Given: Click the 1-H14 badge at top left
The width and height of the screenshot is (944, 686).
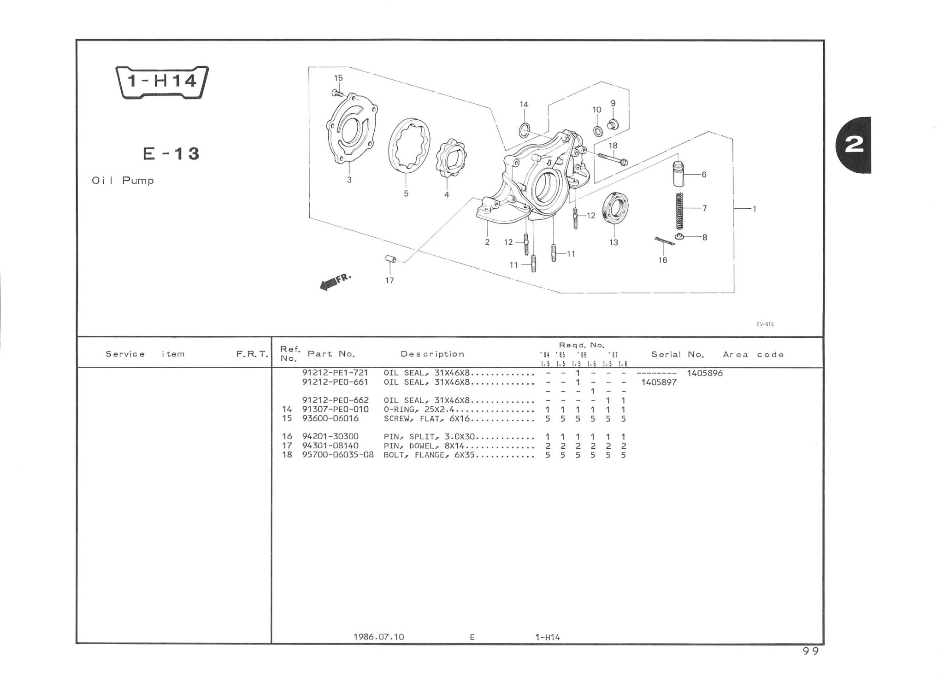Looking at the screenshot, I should [x=162, y=82].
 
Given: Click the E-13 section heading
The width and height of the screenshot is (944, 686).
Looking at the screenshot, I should [x=171, y=153].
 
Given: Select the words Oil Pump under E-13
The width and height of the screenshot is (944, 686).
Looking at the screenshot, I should [x=123, y=181].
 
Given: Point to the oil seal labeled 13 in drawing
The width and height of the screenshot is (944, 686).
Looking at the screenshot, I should [x=615, y=209].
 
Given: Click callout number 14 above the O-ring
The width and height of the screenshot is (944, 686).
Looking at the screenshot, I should [x=524, y=105].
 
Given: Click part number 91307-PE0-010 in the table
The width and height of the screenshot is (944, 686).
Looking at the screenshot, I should [x=335, y=410].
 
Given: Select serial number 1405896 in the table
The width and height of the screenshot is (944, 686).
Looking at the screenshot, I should [x=705, y=373].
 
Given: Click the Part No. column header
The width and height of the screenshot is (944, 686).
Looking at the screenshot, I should [x=331, y=354].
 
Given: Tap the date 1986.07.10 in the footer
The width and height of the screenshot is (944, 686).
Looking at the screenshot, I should [x=378, y=637].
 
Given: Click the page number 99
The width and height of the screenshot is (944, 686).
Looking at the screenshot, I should [x=811, y=651].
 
